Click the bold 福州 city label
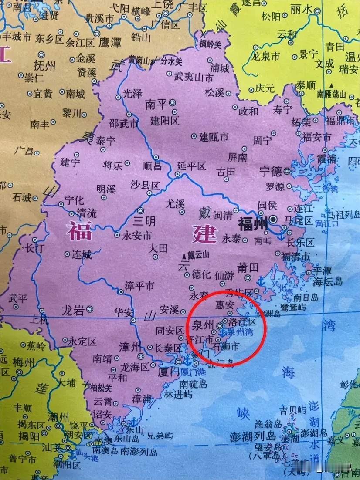click(252, 224)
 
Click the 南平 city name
click(156, 105)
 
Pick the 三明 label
click(144, 221)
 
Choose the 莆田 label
click(248, 266)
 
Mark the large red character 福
click(79, 231)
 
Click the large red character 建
click(204, 233)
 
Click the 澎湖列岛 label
click(254, 436)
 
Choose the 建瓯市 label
click(214, 137)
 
